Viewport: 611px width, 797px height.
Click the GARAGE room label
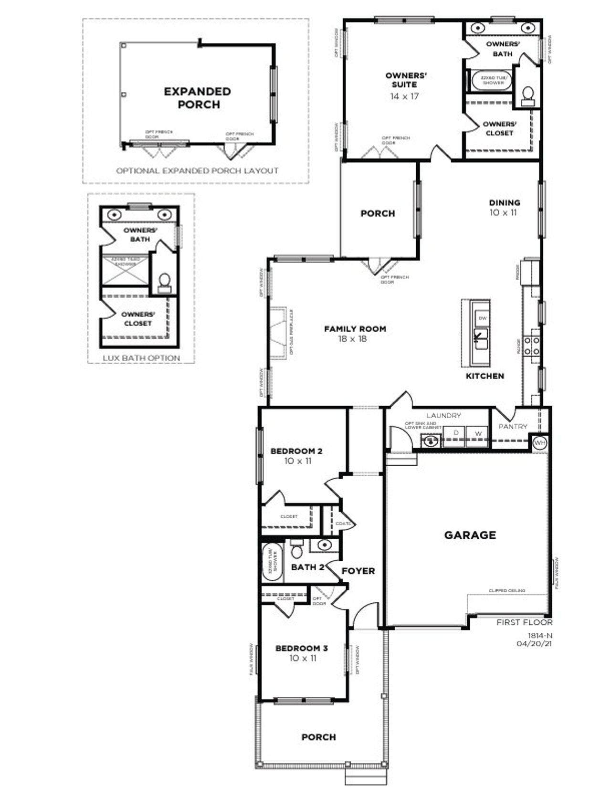pyautogui.click(x=470, y=535)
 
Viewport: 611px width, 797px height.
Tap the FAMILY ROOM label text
pyautogui.click(x=355, y=329)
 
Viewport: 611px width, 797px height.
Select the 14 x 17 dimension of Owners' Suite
pyautogui.click(x=404, y=96)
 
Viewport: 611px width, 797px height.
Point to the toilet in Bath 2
pyautogui.click(x=297, y=550)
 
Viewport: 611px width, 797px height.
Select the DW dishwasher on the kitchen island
pyautogui.click(x=482, y=318)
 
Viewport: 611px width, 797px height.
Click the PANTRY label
pyautogui.click(x=513, y=426)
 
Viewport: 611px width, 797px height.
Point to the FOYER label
pyautogui.click(x=358, y=571)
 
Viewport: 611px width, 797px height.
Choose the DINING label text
pyautogui.click(x=504, y=202)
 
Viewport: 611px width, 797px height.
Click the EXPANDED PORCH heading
pyautogui.click(x=197, y=98)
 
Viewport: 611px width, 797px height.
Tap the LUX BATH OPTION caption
pyautogui.click(x=141, y=358)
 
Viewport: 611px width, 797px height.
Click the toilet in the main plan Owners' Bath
pyautogui.click(x=528, y=94)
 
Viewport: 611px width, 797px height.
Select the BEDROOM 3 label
pyautogui.click(x=301, y=648)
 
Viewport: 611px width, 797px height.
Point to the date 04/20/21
pyautogui.click(x=534, y=643)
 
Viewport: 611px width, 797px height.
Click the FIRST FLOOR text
pyautogui.click(x=524, y=622)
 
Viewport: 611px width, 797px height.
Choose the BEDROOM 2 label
pyautogui.click(x=296, y=451)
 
